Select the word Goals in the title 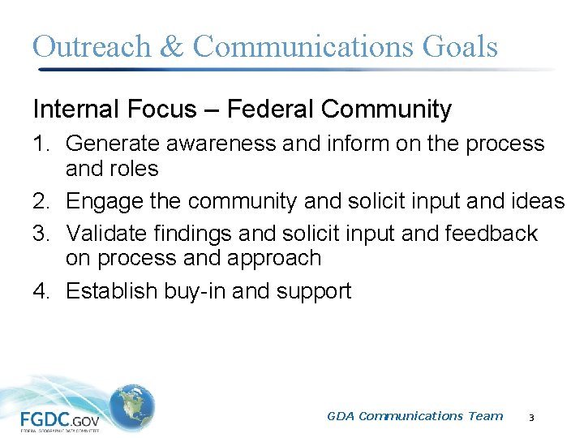(x=460, y=46)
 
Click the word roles (x=135, y=169)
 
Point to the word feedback (x=492, y=234)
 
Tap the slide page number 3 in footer (x=530, y=417)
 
